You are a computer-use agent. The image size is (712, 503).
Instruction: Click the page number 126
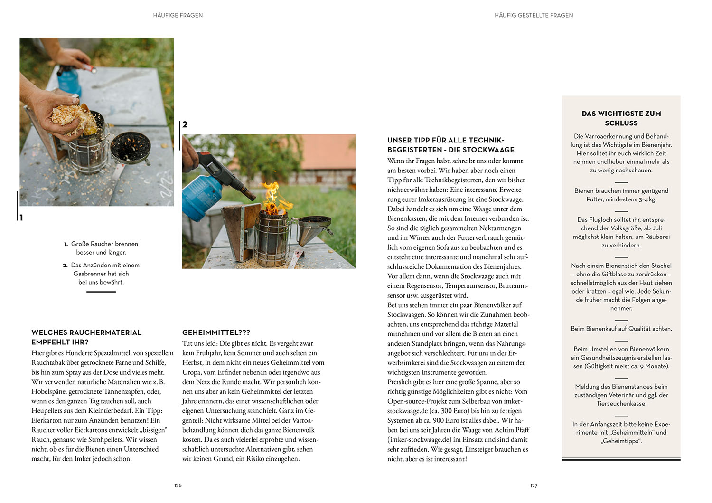[x=178, y=485]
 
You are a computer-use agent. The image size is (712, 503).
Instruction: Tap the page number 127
[x=534, y=485]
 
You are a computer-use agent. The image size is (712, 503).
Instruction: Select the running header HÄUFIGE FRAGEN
[x=178, y=15]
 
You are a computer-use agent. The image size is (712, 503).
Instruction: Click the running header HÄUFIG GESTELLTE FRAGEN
[x=534, y=15]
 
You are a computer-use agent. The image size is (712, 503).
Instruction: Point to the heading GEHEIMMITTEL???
[x=216, y=332]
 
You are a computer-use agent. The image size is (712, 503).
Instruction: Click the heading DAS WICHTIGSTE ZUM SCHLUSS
[x=621, y=118]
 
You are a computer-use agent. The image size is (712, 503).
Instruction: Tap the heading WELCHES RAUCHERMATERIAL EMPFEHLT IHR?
[x=86, y=337]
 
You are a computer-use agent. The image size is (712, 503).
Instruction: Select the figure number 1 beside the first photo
[x=21, y=218]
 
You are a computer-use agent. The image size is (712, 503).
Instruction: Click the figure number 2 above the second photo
[x=185, y=124]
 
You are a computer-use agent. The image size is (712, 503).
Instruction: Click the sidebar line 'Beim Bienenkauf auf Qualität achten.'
[x=621, y=329]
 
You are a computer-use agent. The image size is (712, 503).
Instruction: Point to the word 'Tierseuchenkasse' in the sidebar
[x=621, y=404]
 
